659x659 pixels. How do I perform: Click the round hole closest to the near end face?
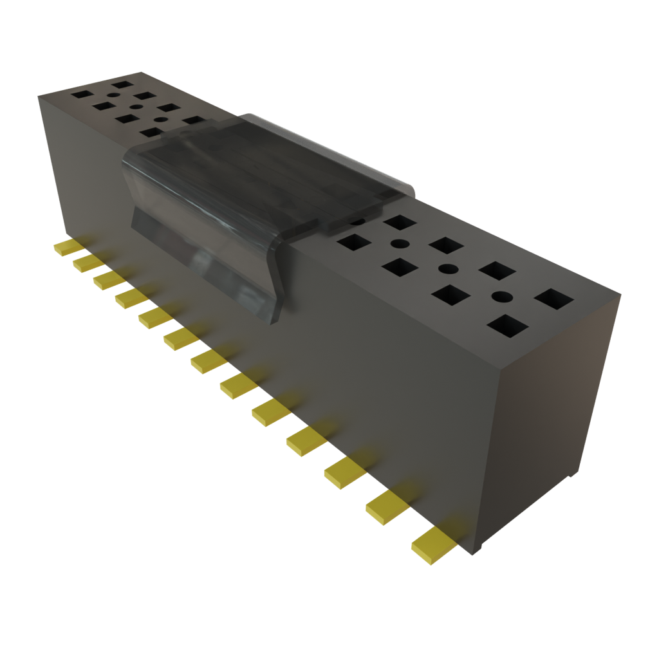pyautogui.click(x=503, y=297)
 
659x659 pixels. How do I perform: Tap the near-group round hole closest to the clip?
pyautogui.click(x=399, y=244)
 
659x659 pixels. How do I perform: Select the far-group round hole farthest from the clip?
pyautogui.click(x=113, y=95)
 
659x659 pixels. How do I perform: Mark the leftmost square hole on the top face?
pyautogui.click(x=82, y=94)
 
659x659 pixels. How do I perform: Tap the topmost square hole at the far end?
pyautogui.click(x=121, y=84)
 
